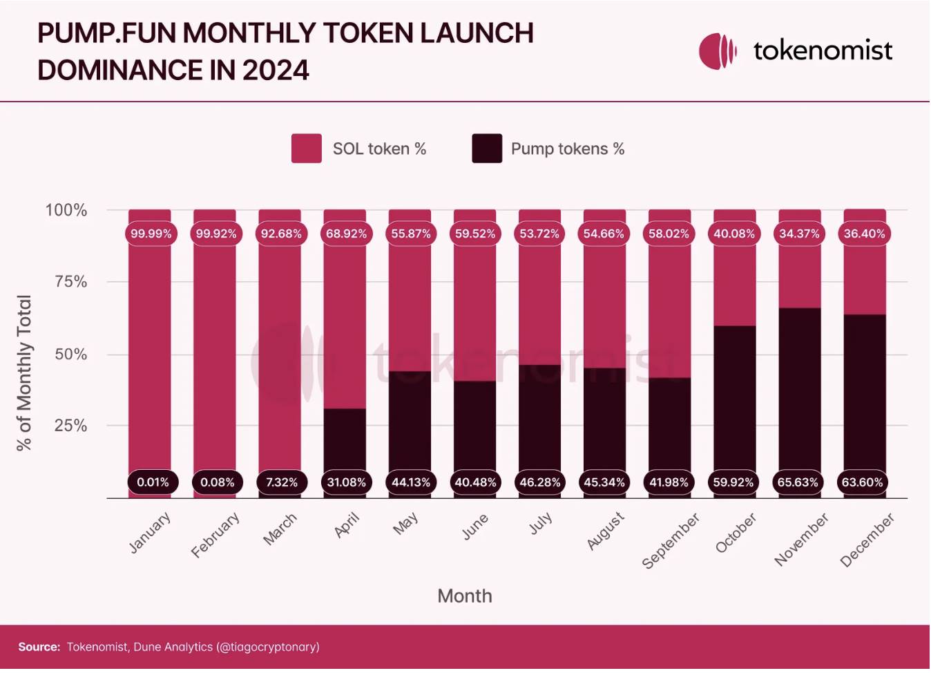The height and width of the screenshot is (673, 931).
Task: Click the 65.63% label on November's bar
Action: (x=798, y=482)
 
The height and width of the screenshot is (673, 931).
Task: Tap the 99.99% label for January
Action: (x=151, y=234)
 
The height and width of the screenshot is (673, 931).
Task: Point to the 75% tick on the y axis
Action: (x=70, y=282)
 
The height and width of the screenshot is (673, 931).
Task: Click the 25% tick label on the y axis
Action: (x=70, y=426)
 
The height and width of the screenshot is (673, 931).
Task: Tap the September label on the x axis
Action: (x=670, y=541)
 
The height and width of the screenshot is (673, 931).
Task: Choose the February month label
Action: (x=215, y=535)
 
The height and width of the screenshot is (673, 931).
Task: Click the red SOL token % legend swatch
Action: (x=307, y=149)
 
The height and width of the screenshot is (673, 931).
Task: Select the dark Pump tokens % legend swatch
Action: (x=487, y=149)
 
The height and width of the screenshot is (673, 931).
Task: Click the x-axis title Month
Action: (x=465, y=596)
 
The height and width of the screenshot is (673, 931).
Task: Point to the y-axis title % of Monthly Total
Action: (x=24, y=373)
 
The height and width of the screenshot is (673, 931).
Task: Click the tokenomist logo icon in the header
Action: (x=718, y=51)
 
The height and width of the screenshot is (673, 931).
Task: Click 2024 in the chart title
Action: (x=275, y=70)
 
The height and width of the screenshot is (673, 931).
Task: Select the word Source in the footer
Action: (x=39, y=647)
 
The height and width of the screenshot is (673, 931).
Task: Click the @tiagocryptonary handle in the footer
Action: (x=268, y=647)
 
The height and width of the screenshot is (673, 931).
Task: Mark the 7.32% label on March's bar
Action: (x=282, y=482)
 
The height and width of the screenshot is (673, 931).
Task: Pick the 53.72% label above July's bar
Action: (x=539, y=234)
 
